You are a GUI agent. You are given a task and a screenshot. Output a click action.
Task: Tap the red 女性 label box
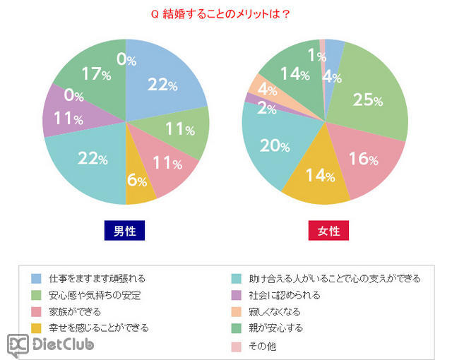coord(328,231)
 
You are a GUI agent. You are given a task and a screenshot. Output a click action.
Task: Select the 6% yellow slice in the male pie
coord(140,181)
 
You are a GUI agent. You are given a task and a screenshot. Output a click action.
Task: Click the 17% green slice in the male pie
coord(92,74)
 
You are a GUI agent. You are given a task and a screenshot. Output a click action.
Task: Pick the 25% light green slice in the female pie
coord(367,99)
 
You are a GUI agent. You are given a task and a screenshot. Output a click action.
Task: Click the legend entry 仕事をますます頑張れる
coord(100,278)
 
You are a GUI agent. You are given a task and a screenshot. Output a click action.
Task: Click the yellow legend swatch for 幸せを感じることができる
coord(37,328)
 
